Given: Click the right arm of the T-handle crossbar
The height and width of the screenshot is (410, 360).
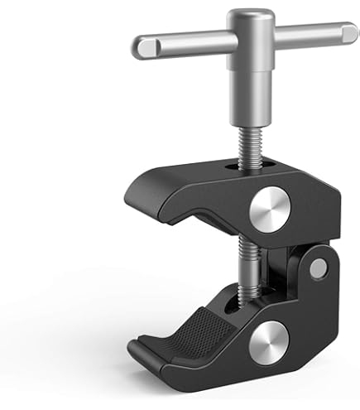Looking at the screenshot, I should [x=306, y=34].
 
